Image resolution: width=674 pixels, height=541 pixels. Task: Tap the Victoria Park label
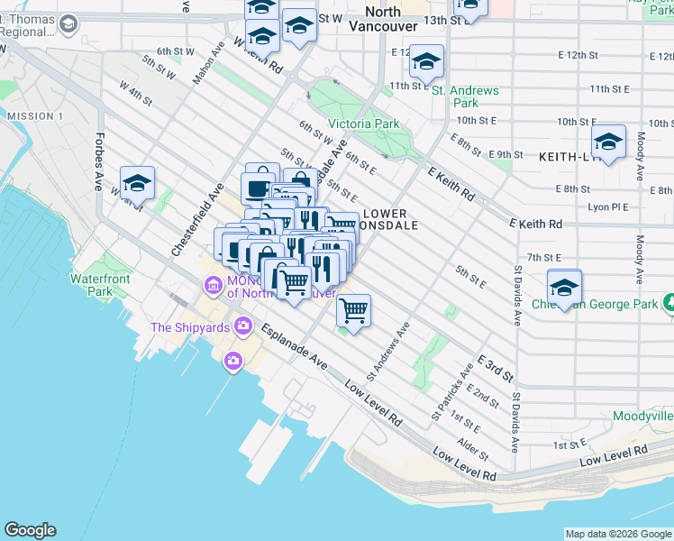(363, 124)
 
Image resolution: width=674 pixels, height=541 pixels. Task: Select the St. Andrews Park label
(465, 97)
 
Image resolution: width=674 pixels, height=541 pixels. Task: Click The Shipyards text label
(190, 327)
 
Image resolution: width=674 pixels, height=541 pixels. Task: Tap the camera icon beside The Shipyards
(242, 326)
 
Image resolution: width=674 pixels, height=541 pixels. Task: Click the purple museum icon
(214, 286)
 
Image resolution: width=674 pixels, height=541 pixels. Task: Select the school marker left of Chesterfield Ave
(137, 183)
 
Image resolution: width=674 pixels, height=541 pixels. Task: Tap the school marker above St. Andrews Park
(427, 60)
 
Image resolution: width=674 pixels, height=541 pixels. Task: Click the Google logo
(30, 530)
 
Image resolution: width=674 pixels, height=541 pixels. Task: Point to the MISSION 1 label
(34, 116)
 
